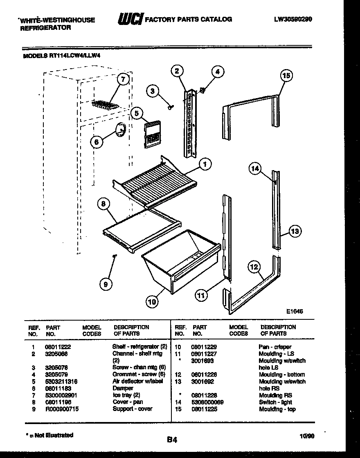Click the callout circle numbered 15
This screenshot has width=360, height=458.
(x=286, y=76)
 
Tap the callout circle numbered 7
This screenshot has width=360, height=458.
(x=122, y=80)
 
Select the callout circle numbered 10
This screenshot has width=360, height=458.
(x=152, y=302)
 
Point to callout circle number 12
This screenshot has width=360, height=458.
(x=254, y=267)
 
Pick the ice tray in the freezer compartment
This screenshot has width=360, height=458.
(x=105, y=105)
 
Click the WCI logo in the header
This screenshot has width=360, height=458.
(x=130, y=19)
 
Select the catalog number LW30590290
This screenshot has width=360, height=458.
(x=293, y=19)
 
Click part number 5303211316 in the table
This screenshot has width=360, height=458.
(x=61, y=382)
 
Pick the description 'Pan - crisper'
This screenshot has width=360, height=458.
(x=275, y=347)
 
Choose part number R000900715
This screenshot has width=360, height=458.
(x=62, y=409)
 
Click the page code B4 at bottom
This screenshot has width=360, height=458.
(x=172, y=440)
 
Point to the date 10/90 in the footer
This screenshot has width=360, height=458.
(x=307, y=436)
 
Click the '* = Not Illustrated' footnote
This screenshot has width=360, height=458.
(x=47, y=435)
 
